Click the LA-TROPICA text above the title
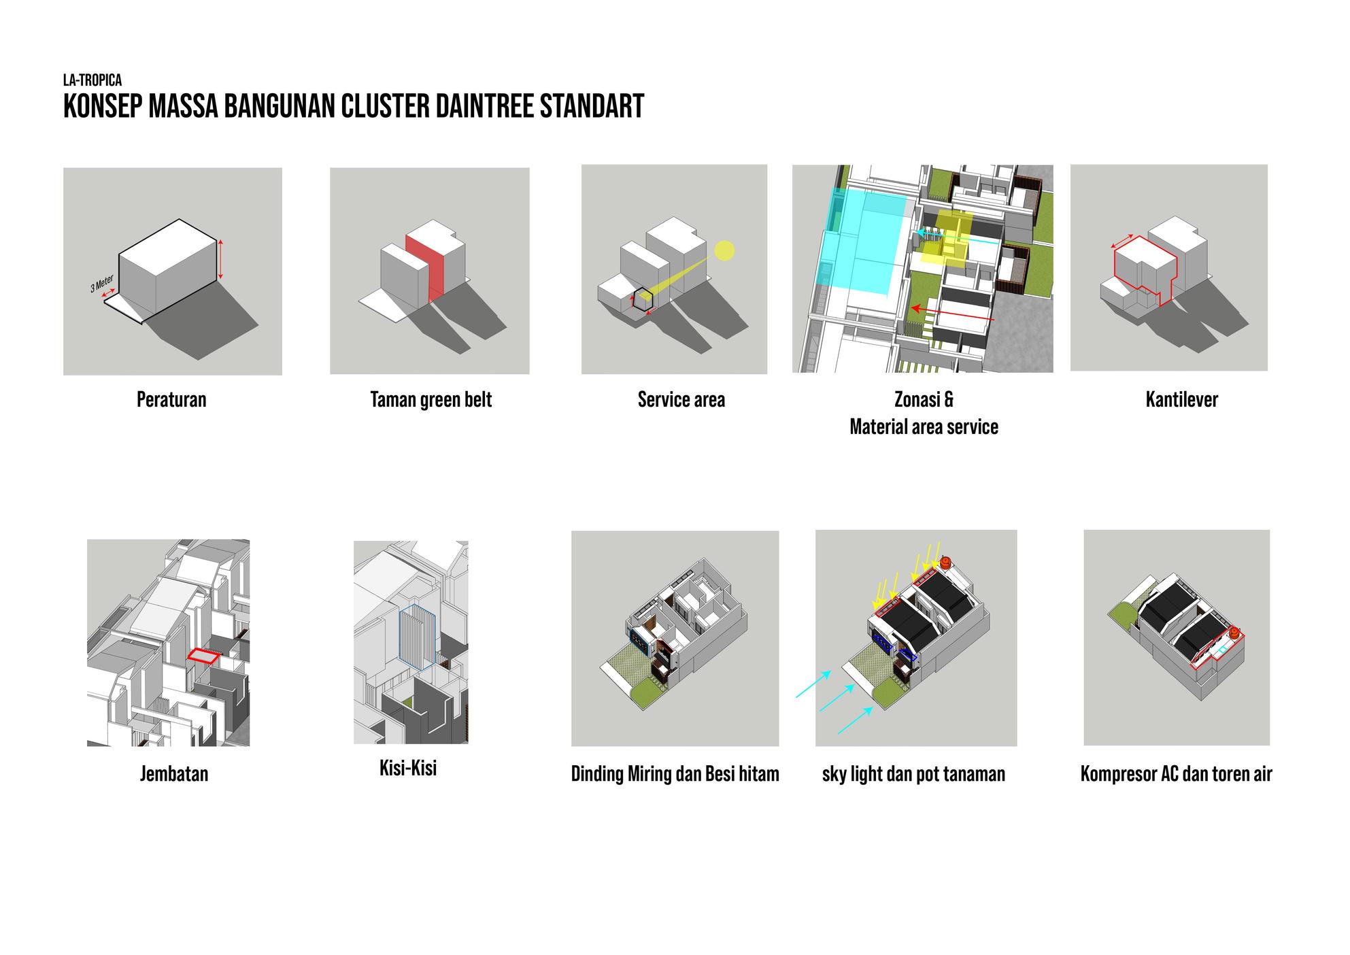click(x=92, y=81)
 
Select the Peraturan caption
click(x=171, y=399)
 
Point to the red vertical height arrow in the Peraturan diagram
click(x=220, y=259)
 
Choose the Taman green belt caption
click(x=431, y=399)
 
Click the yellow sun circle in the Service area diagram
click(x=725, y=250)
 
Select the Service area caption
click(x=681, y=399)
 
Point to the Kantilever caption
click(x=1181, y=399)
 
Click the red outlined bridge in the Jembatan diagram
click(x=203, y=655)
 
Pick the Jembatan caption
click(x=174, y=774)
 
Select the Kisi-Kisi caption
click(x=408, y=769)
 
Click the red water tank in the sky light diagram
click(x=945, y=563)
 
